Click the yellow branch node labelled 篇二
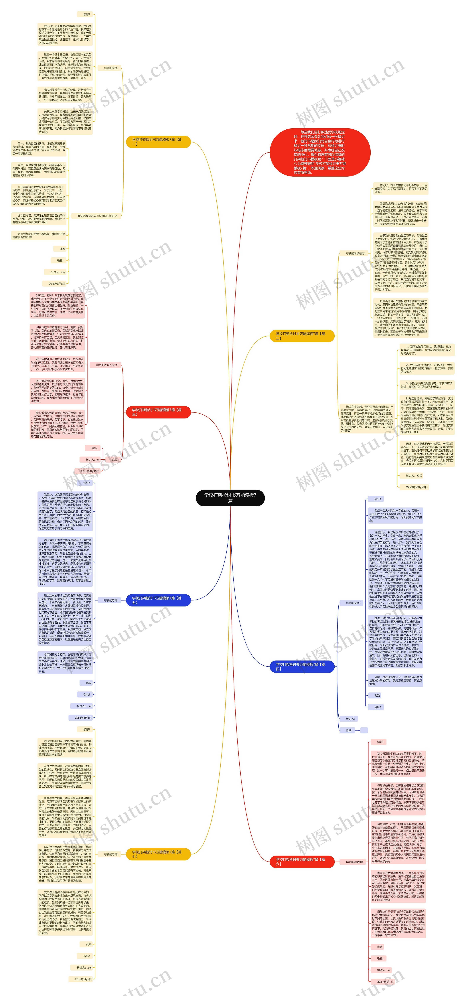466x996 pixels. pos(302,336)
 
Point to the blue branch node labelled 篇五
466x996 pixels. pos(158,600)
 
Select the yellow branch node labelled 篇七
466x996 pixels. pos(158,854)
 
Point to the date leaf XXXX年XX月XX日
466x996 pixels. pos(416,487)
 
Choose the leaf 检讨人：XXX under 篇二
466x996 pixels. pos(413,476)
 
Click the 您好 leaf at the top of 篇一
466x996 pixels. pos(86,14)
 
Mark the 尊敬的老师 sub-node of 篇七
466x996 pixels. pos(111,854)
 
